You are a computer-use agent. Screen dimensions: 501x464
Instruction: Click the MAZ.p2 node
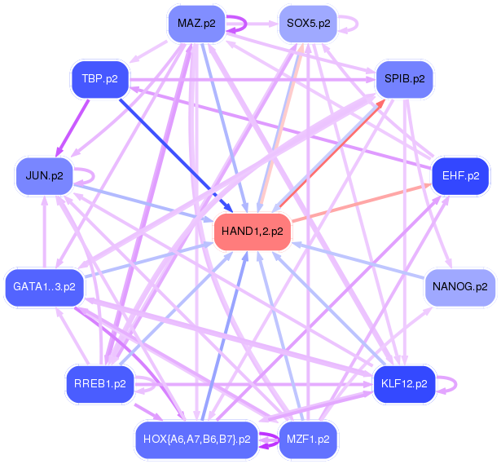pos(196,24)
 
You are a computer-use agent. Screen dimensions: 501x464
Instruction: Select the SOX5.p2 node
pos(308,24)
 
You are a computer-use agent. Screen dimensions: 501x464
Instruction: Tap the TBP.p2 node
pos(100,79)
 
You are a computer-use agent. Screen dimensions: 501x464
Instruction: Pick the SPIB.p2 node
pos(405,79)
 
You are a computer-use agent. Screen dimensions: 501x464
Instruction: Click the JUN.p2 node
pos(45,176)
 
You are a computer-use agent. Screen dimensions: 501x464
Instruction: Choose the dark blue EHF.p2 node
pos(460,176)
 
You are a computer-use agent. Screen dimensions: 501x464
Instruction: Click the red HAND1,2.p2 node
pos(253,232)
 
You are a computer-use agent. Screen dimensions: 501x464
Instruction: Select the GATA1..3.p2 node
pos(45,287)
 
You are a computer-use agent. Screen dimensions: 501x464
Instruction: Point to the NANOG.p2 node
pos(460,287)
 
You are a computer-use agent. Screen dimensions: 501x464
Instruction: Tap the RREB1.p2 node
pos(100,384)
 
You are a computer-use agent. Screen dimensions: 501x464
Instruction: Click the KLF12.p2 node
pos(405,384)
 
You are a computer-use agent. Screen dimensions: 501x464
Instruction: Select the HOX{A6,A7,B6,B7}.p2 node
pos(197,440)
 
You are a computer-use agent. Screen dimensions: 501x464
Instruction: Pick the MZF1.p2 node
pos(308,440)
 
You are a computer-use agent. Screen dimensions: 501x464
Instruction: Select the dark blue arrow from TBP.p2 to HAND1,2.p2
pos(176,156)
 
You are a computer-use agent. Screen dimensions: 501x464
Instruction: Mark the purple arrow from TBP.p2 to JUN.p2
pos(73,128)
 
